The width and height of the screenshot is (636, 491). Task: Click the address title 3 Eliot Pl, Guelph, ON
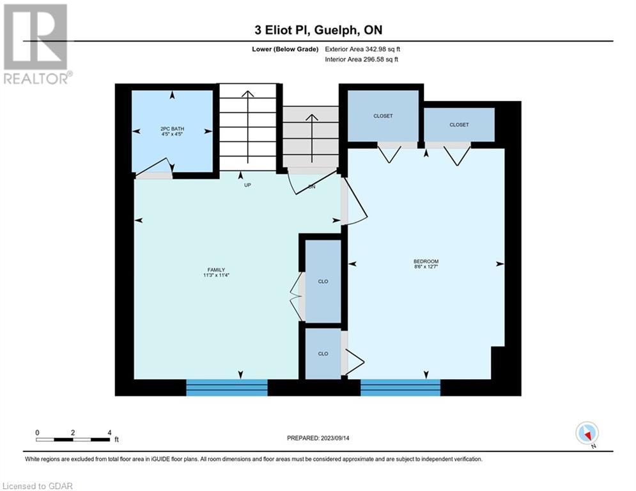pos(318,30)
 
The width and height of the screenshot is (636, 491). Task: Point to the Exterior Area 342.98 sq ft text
pos(362,49)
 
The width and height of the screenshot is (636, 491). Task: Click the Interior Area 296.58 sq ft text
pos(361,59)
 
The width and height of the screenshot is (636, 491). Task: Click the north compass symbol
pos(587,434)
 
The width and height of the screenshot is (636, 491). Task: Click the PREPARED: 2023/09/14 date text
pos(318,438)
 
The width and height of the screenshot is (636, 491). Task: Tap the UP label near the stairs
pos(247,185)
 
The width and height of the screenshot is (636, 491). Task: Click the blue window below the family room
pos(227,387)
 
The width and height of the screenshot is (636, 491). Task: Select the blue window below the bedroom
pos(400,387)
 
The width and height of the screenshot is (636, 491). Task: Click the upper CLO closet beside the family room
pos(323,281)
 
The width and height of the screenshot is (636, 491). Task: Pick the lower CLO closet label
pos(323,354)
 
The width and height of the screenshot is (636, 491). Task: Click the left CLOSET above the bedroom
pos(383,116)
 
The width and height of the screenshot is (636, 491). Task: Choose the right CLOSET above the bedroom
pos(459,125)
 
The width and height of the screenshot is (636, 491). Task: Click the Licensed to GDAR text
pos(37,486)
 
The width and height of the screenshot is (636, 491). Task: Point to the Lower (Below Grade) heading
pos(285,49)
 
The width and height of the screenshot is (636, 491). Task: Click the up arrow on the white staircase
pos(247,127)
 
